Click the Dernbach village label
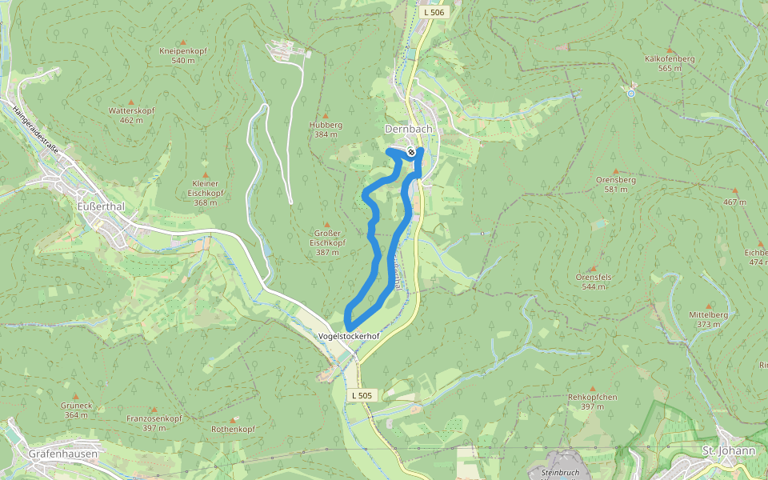[x=409, y=129]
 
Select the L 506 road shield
[x=433, y=12]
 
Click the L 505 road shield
[x=362, y=395]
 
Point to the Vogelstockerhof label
[x=347, y=336]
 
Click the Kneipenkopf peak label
[x=183, y=51]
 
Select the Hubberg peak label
[x=326, y=125]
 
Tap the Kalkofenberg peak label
[x=670, y=59]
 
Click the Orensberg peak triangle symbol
[x=615, y=170]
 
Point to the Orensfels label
[x=594, y=277]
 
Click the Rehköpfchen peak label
[x=592, y=397]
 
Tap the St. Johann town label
[x=728, y=450]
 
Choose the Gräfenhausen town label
[x=62, y=454]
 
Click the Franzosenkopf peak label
[x=154, y=418]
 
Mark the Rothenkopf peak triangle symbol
[x=233, y=420]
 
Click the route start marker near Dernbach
[x=410, y=152]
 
